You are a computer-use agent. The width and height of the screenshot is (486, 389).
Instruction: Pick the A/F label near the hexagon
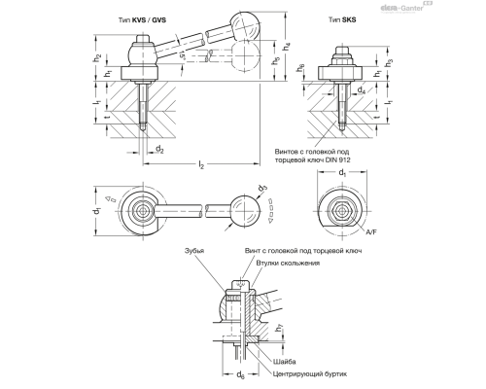click(372, 233)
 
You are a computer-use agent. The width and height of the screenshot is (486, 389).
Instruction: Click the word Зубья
click(201, 251)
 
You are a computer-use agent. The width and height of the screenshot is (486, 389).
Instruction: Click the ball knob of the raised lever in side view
click(239, 21)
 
